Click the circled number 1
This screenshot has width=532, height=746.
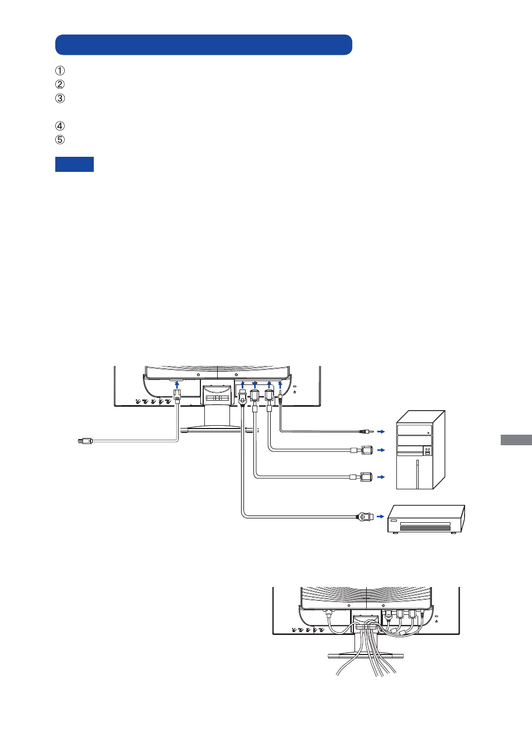click(60, 71)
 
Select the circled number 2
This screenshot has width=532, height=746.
click(60, 85)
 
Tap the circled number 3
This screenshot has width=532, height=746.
click(60, 99)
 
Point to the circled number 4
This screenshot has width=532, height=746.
click(60, 126)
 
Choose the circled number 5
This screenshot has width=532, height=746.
click(60, 139)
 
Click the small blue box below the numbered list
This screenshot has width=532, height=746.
click(74, 164)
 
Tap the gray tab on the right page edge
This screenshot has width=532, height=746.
click(516, 440)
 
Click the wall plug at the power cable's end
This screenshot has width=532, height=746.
click(85, 441)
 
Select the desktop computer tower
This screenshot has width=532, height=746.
click(420, 450)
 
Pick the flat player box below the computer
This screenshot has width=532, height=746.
click(426, 519)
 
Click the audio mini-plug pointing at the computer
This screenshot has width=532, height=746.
click(366, 432)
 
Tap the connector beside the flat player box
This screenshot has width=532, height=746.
click(365, 517)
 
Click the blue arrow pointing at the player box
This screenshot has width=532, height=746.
click(381, 517)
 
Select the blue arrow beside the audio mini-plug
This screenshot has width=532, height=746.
click(381, 432)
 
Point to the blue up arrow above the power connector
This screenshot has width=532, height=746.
click(177, 384)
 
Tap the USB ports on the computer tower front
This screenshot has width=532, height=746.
click(428, 453)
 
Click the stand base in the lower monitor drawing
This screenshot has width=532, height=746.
click(366, 656)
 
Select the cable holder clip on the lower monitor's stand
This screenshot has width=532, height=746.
click(366, 627)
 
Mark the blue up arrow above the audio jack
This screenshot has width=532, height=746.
click(280, 384)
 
